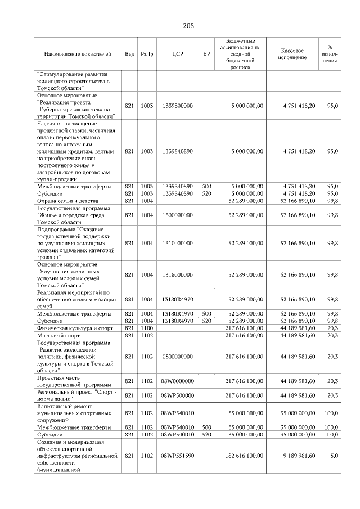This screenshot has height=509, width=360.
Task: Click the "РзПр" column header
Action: pos(147,54)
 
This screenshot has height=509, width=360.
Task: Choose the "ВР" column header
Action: pos(206,54)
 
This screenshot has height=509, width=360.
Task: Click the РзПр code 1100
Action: pos(147,328)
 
